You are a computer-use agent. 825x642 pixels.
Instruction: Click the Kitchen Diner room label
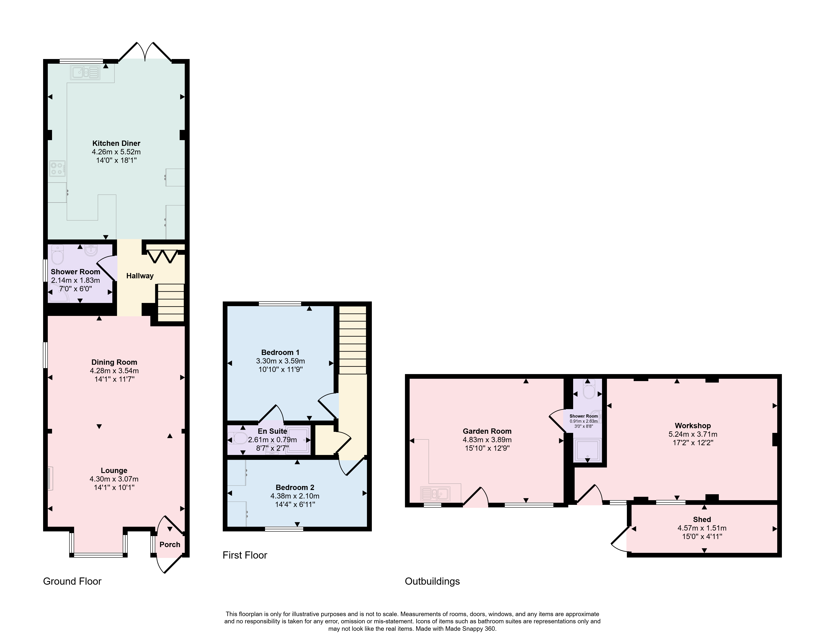click(x=116, y=143)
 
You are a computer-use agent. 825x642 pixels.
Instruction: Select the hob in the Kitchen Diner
click(x=57, y=168)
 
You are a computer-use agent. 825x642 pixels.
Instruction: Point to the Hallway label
click(x=140, y=276)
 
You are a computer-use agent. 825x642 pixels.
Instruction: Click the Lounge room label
click(x=114, y=470)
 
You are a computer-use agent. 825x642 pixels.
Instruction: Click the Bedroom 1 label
click(x=280, y=352)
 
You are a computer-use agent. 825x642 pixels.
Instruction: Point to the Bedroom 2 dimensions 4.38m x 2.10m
click(x=295, y=496)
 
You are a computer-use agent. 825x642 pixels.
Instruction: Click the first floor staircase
click(x=353, y=340)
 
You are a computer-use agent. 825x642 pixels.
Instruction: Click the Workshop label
click(x=693, y=426)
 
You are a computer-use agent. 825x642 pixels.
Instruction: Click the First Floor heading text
click(x=245, y=555)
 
